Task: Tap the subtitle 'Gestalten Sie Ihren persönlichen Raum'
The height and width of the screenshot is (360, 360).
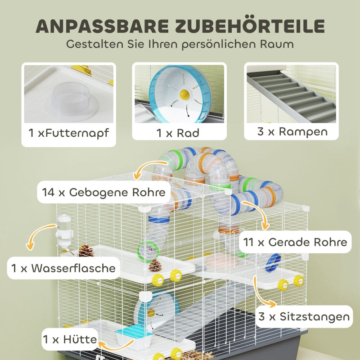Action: [x=180, y=45]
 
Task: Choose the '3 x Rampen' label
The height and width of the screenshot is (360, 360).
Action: [x=291, y=131]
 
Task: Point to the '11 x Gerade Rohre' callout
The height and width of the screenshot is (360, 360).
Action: [x=295, y=242]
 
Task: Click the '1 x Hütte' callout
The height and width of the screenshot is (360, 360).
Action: [x=70, y=338]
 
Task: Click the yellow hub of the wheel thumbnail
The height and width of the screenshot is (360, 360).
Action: [x=184, y=94]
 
